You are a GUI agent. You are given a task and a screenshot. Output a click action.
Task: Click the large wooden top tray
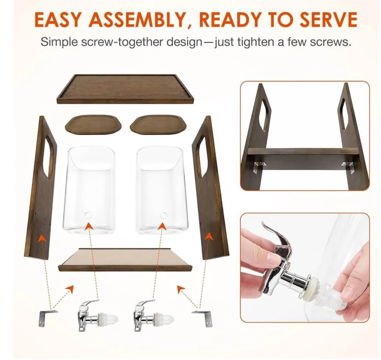[125, 89]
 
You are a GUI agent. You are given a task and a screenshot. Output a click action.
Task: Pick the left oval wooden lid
[93, 125]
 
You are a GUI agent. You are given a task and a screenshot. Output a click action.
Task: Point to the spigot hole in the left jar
[88, 215]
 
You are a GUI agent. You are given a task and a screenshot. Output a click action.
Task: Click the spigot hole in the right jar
[164, 215]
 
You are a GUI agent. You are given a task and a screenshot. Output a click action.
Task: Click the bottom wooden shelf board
[125, 259]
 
